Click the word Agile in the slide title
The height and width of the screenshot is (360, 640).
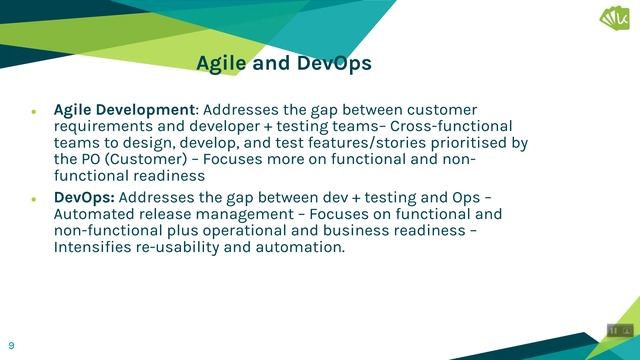[x=221, y=63]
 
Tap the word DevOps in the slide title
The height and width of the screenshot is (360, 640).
[x=334, y=63]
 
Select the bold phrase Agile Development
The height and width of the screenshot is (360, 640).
[x=124, y=109]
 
